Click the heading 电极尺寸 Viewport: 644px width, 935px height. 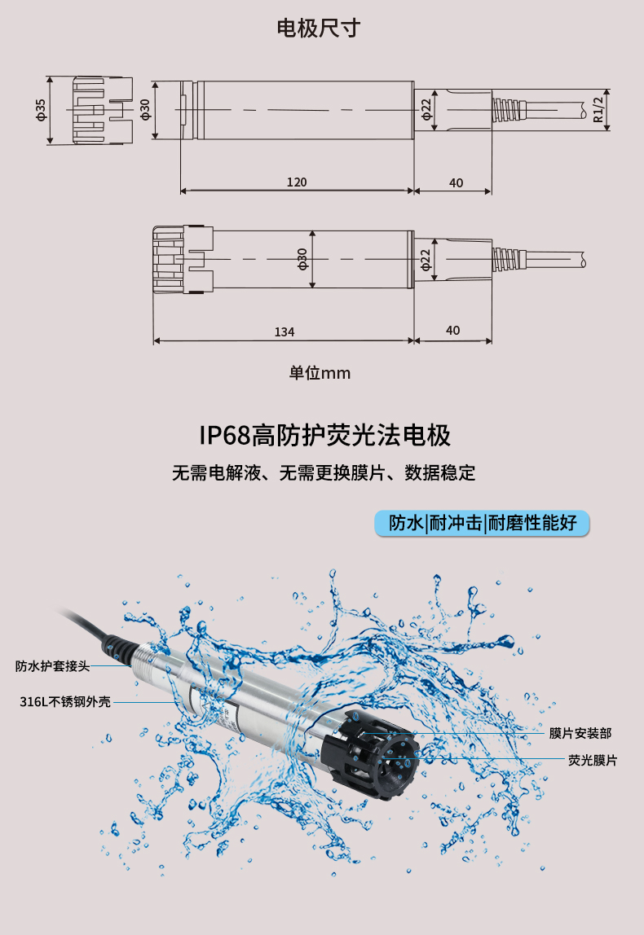pyautogui.click(x=318, y=28)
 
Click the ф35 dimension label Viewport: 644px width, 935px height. pyautogui.click(x=41, y=110)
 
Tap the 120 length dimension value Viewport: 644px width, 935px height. pyautogui.click(x=297, y=182)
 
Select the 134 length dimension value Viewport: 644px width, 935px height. pyautogui.click(x=285, y=331)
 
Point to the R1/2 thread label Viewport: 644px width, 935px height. pyautogui.click(x=598, y=110)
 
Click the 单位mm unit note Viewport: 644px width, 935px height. pyautogui.click(x=320, y=373)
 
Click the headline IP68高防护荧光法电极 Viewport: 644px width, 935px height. pyautogui.click(x=324, y=435)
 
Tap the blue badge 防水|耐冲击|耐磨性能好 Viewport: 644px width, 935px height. pyautogui.click(x=482, y=524)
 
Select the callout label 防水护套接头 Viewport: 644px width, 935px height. pyautogui.click(x=52, y=666)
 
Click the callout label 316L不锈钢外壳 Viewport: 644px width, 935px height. pyautogui.click(x=65, y=702)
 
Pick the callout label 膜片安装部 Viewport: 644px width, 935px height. pyautogui.click(x=580, y=733)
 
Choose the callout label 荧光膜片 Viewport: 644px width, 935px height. pyautogui.click(x=593, y=760)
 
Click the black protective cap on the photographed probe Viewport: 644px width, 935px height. pyautogui.click(x=370, y=754)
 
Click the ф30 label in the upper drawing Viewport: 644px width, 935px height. pyautogui.click(x=145, y=110)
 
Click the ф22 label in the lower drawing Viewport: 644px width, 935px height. pyautogui.click(x=425, y=259)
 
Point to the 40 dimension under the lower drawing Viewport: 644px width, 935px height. pyautogui.click(x=453, y=331)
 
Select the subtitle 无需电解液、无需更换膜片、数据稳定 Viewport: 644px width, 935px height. pyautogui.click(x=324, y=473)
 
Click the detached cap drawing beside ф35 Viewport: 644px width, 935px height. pyautogui.click(x=103, y=110)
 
